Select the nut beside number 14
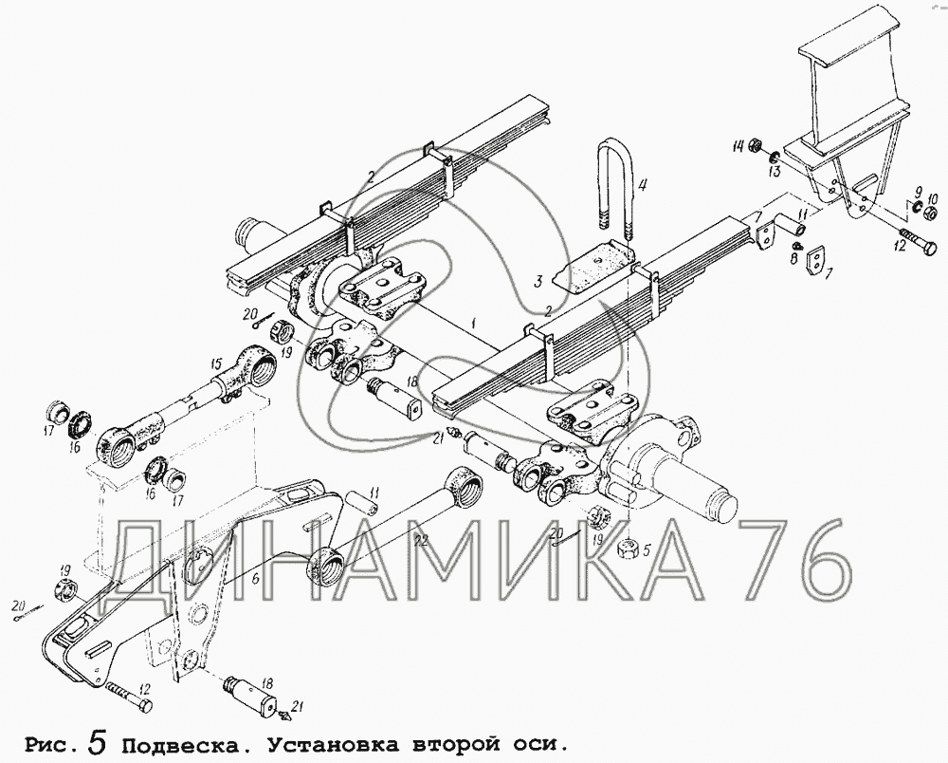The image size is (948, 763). [754, 146]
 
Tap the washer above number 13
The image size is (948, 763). [774, 158]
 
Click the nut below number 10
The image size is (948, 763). [932, 213]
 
